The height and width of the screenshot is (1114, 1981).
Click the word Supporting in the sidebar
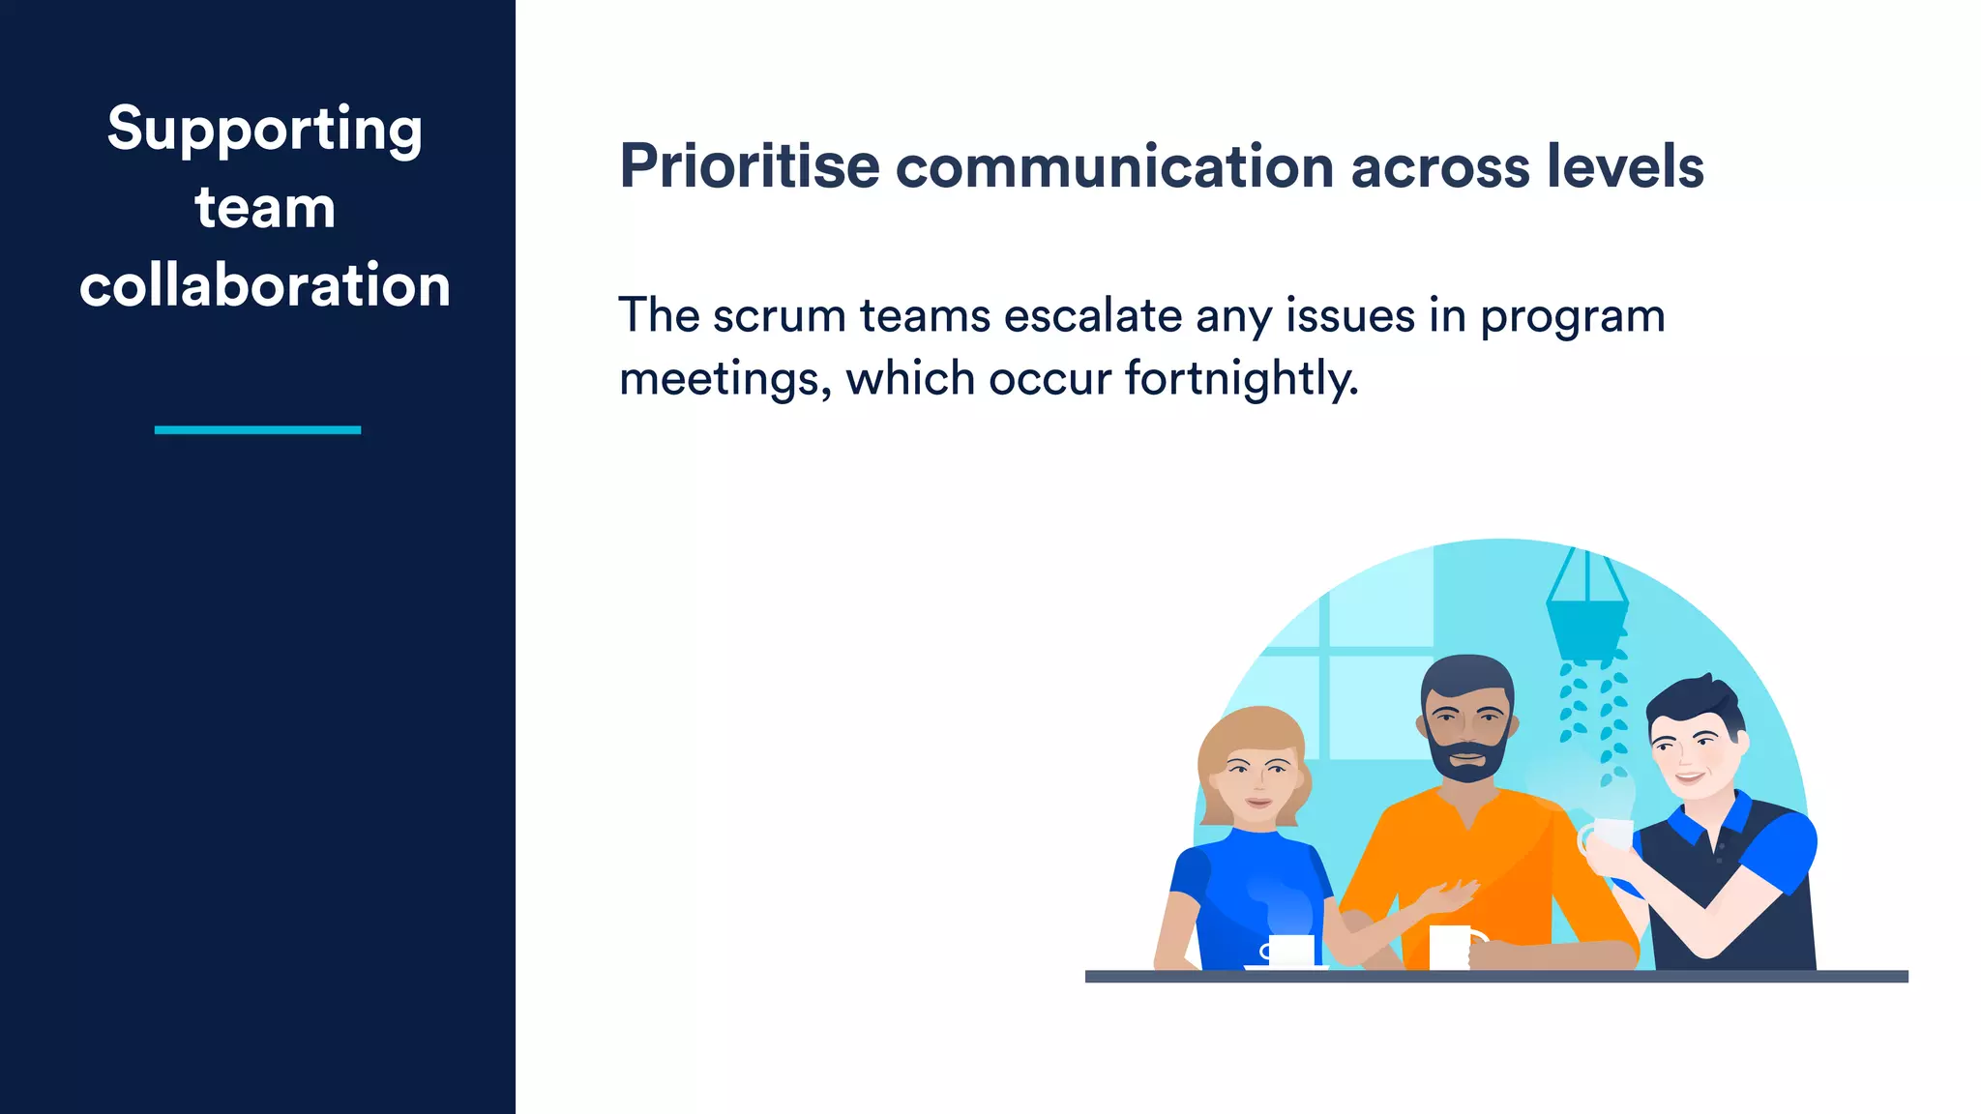tap(264, 130)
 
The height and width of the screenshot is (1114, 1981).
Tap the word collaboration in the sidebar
tap(264, 286)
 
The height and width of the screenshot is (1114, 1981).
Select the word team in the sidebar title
tap(264, 208)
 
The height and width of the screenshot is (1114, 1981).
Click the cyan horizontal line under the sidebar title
tap(257, 429)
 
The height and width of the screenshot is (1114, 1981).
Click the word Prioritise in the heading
tap(750, 166)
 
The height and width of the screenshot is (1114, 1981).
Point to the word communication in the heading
tap(1115, 166)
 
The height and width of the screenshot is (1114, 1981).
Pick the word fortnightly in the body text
tap(1241, 378)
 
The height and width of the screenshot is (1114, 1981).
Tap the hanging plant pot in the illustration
tap(1586, 629)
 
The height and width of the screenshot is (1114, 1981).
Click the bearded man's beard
tap(1467, 760)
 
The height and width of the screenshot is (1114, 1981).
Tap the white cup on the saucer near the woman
tap(1291, 949)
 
